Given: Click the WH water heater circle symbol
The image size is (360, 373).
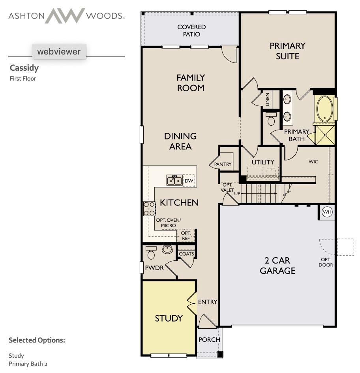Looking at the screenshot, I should [x=327, y=212].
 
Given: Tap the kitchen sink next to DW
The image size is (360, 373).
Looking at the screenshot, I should [x=174, y=181].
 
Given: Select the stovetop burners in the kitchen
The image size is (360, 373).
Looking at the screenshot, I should [x=149, y=209].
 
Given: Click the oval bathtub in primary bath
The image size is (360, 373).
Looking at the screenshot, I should [x=324, y=109].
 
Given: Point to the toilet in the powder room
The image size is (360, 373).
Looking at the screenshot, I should [x=151, y=253].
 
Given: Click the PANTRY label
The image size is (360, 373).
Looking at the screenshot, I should [x=223, y=164].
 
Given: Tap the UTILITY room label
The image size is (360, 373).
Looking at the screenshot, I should [x=263, y=162].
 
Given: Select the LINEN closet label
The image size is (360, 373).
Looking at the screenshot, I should [x=268, y=100].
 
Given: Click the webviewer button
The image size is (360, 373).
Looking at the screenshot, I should [x=59, y=51].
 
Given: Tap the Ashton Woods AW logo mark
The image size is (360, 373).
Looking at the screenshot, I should [x=65, y=16].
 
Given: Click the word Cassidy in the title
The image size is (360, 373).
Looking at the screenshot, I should [x=24, y=68].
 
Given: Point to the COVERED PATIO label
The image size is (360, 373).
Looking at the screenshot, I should [x=191, y=30].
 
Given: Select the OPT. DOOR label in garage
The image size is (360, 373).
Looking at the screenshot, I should [x=326, y=262].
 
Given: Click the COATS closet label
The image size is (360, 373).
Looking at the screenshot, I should [x=186, y=254].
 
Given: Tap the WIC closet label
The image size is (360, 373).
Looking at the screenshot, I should [x=313, y=162].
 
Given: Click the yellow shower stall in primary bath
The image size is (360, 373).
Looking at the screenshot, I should [x=324, y=135].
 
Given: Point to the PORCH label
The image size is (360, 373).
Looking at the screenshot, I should [x=209, y=339].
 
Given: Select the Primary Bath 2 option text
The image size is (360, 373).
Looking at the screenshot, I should [x=28, y=364].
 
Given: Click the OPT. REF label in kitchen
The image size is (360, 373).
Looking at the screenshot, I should [x=186, y=236].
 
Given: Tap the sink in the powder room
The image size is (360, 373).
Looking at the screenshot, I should [x=167, y=250].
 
